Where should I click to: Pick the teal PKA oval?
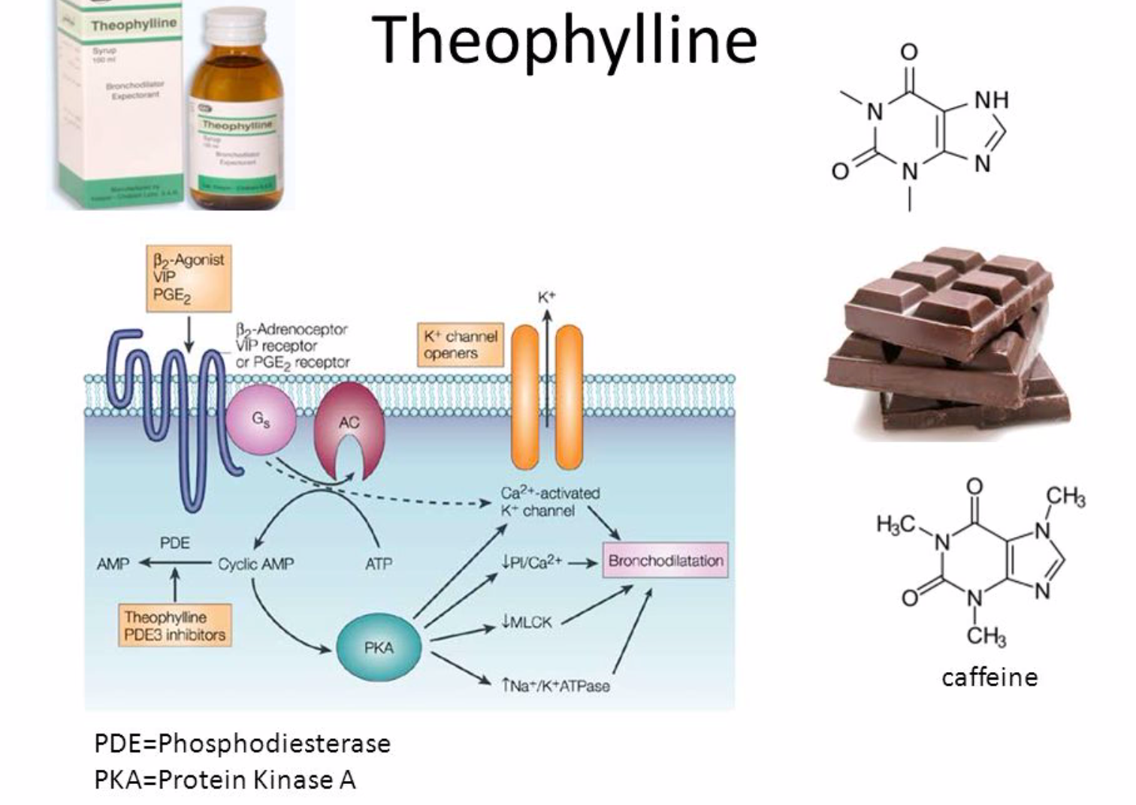[378, 647]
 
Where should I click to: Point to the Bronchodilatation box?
[666, 561]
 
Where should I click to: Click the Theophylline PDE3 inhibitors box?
[175, 626]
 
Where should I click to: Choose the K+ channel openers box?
[461, 345]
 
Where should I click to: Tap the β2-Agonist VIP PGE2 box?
[189, 278]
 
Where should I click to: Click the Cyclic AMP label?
[255, 564]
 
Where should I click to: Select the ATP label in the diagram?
[379, 564]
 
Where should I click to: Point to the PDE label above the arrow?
[174, 543]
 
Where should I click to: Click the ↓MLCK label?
[527, 622]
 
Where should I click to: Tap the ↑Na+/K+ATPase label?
[555, 686]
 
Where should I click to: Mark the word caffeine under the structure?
[989, 677]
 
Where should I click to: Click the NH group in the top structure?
[992, 100]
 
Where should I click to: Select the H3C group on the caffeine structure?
[896, 523]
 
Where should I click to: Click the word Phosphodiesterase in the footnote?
[274, 743]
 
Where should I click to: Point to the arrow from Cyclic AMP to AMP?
[177, 563]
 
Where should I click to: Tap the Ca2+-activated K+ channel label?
[550, 502]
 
